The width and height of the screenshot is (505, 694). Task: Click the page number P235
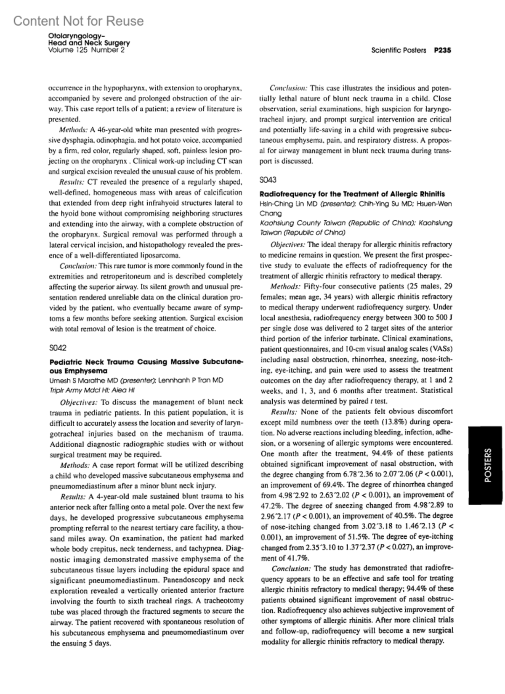pyautogui.click(x=443, y=50)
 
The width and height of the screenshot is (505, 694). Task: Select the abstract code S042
pyautogui.click(x=58, y=348)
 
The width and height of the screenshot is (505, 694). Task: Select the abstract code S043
pyautogui.click(x=268, y=180)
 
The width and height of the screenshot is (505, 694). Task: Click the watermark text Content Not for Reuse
pyautogui.click(x=78, y=21)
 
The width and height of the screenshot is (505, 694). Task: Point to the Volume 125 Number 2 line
pyautogui.click(x=87, y=50)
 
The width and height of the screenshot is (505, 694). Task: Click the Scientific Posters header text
pyautogui.click(x=399, y=50)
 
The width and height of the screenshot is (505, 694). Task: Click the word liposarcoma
pyautogui.click(x=160, y=255)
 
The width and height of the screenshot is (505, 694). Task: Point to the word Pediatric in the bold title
pyautogui.click(x=66, y=362)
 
